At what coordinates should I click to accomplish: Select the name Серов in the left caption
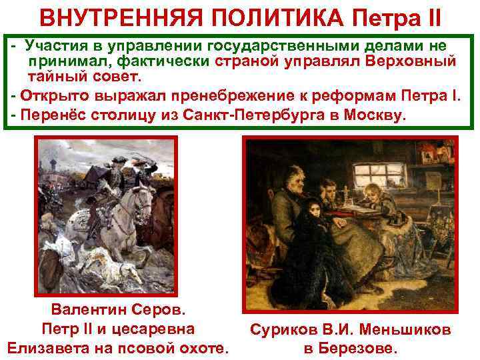click(157, 310)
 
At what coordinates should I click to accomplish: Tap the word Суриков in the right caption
click(279, 329)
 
